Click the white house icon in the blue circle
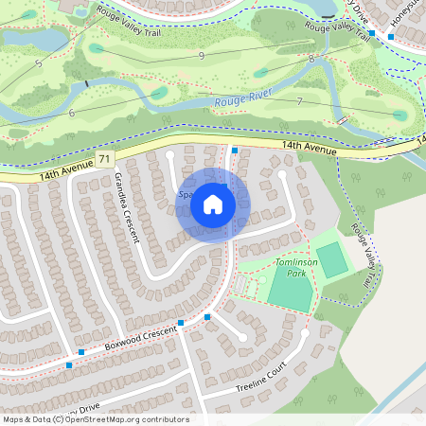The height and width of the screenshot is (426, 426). [213, 204]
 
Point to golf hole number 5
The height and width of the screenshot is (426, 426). [38, 63]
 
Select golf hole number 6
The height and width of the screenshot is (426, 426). [72, 113]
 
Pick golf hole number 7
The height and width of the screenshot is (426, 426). [299, 100]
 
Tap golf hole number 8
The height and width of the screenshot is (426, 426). [311, 59]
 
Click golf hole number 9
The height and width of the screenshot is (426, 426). [202, 56]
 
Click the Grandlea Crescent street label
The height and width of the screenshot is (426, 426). [127, 208]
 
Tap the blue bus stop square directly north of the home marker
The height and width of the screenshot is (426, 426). [235, 151]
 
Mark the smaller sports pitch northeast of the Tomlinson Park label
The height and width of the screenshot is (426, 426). [331, 259]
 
